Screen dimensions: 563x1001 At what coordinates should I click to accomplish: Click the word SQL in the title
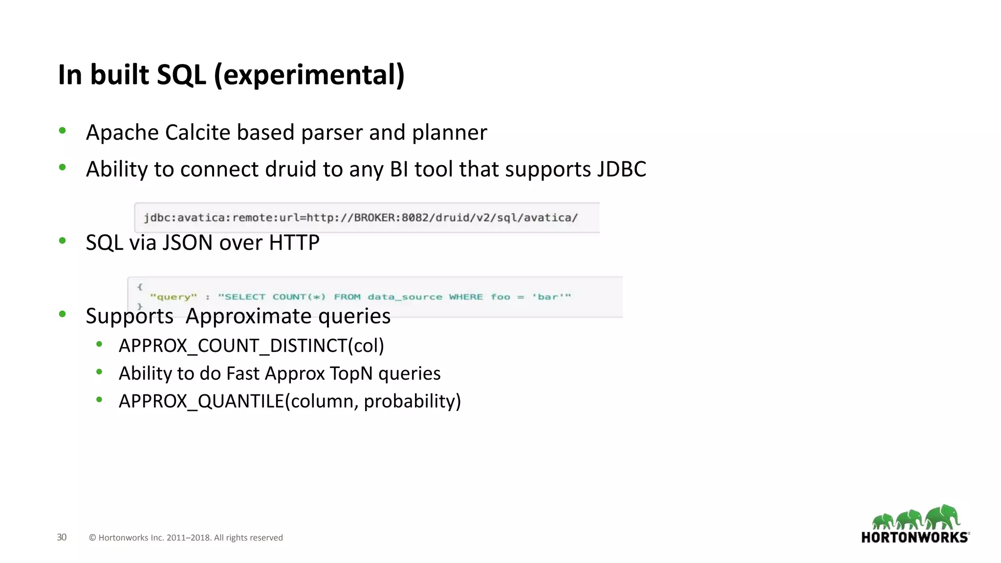[181, 75]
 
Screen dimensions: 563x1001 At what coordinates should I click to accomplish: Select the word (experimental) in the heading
[309, 75]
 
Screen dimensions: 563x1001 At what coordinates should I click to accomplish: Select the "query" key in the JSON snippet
[174, 297]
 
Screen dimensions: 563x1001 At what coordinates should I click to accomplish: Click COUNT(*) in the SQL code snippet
[299, 297]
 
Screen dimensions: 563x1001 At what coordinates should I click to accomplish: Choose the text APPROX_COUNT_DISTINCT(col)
[251, 346]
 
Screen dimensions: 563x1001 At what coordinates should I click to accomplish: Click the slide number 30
[62, 537]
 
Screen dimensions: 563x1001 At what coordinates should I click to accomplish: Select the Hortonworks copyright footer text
[186, 538]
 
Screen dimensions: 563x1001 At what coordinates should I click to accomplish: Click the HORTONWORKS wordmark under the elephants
[914, 538]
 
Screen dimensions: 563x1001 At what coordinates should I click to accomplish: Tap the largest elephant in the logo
[943, 517]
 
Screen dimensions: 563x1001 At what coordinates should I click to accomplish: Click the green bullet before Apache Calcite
[62, 130]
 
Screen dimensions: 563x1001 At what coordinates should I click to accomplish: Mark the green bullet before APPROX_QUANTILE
[99, 400]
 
